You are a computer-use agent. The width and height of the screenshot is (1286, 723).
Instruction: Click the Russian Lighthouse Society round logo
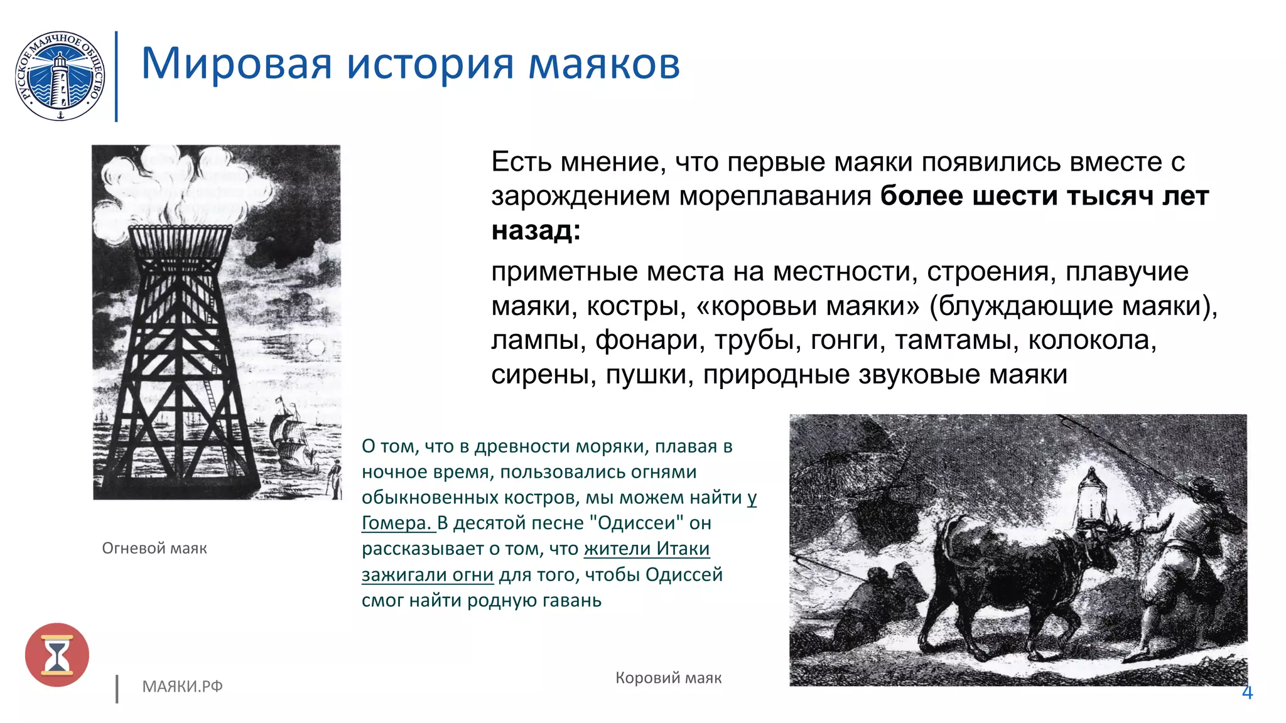point(60,76)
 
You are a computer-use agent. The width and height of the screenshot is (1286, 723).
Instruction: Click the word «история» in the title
point(430,64)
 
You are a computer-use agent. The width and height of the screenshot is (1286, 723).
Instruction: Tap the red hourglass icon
point(57,655)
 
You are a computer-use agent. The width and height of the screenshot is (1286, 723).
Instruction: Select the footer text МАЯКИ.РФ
point(182,687)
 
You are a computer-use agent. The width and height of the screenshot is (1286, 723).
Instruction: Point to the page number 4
point(1247,693)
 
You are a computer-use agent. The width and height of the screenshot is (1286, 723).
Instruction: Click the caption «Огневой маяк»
point(154,549)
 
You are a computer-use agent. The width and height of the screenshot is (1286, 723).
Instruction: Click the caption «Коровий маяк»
point(668,678)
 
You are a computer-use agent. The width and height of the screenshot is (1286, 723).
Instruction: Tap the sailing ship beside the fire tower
point(292,436)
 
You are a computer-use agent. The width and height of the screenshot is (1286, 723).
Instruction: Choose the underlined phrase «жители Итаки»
point(647,549)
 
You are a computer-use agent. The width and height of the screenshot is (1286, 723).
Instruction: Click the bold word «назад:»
point(536,230)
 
